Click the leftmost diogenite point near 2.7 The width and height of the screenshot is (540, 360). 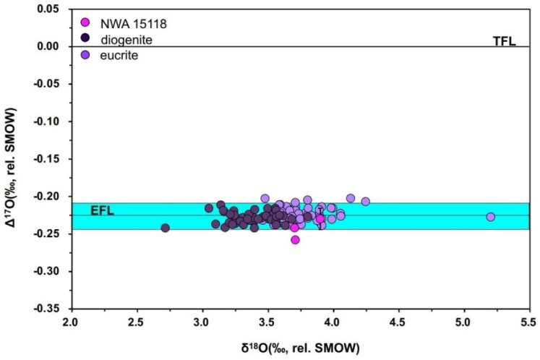pyautogui.click(x=165, y=228)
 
